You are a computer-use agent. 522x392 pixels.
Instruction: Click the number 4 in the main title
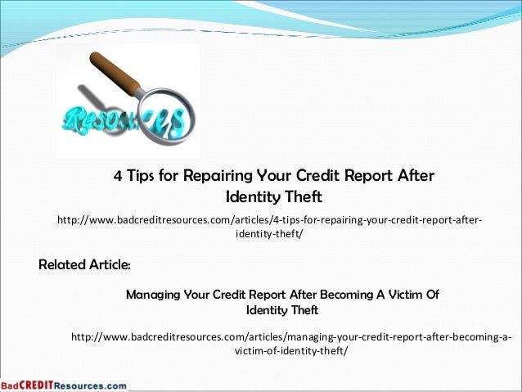117,177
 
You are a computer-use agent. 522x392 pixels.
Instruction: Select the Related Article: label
84,266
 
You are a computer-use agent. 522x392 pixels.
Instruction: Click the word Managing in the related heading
155,295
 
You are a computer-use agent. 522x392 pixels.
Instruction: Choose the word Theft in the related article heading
300,311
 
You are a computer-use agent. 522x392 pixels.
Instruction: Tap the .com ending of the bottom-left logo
115,385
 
